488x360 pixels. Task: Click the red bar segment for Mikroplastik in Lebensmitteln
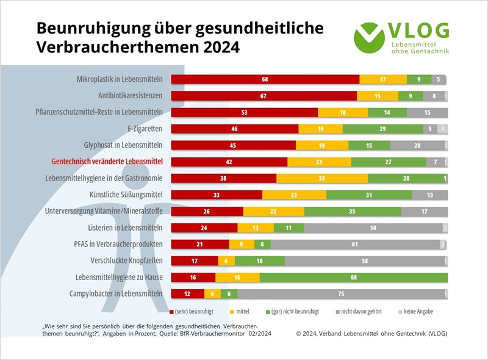pos(265,79)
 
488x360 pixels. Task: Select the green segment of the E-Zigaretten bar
pos(383,129)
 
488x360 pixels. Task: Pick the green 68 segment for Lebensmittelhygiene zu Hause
pos(354,277)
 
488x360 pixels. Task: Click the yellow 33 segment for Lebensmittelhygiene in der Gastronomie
pos(321,178)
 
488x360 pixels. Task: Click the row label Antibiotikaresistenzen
pos(130,96)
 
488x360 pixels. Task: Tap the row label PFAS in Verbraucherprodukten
pos(119,244)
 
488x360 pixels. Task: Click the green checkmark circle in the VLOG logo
pos(369,37)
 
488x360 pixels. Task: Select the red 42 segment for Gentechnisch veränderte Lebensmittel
pos(229,162)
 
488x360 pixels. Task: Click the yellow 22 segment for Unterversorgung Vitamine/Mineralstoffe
pos(273,211)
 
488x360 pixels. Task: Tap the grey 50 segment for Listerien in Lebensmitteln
pos(373,228)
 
